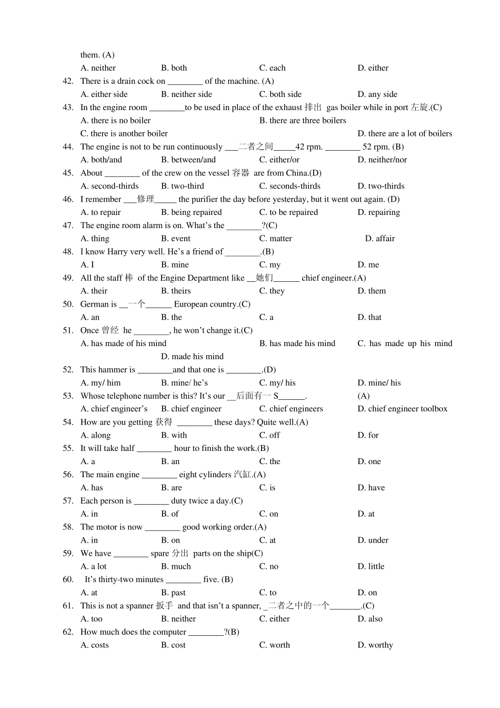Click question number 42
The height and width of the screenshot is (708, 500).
[68, 81]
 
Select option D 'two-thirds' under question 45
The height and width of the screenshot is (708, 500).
[381, 186]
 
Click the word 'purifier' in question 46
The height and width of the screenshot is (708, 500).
[207, 199]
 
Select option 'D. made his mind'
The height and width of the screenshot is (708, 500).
[192, 357]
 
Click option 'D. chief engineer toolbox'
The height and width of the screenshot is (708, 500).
[402, 409]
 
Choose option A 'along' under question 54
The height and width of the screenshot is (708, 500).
[95, 435]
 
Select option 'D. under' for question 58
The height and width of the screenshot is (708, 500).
[373, 540]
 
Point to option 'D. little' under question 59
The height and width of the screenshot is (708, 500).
[371, 566]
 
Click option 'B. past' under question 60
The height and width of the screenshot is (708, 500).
[173, 593]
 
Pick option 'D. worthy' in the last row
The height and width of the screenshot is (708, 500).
[375, 645]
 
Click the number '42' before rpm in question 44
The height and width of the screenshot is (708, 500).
[300, 147]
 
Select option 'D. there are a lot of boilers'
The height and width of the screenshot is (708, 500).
[404, 134]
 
